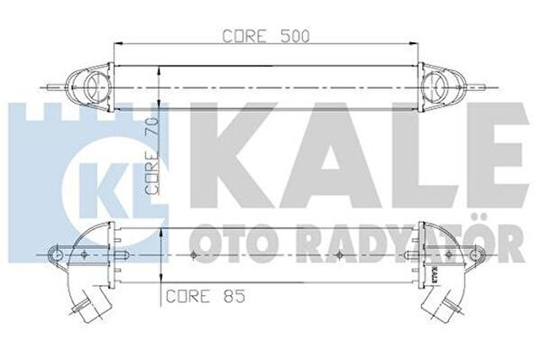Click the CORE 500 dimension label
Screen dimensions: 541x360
point(266,36)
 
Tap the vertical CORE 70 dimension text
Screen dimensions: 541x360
point(152,156)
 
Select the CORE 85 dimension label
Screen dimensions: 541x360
point(206,296)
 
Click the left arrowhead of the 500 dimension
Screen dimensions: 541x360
point(118,44)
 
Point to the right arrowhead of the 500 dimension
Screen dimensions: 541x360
point(413,44)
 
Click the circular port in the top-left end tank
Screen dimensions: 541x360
point(93,87)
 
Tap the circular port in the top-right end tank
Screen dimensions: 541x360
point(438,87)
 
